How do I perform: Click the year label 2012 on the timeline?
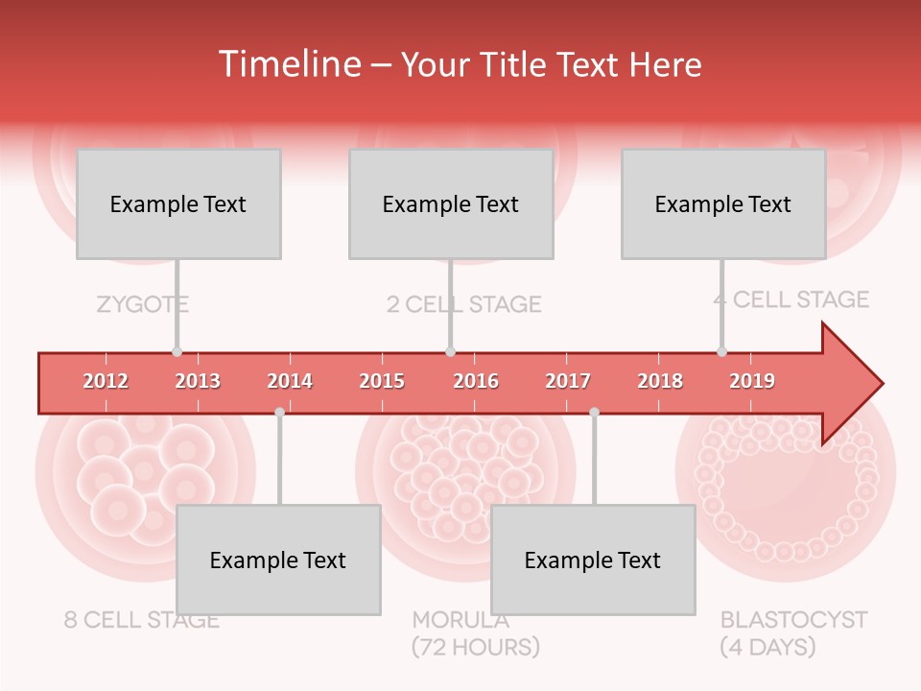[x=106, y=381]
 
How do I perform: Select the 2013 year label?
[x=198, y=381]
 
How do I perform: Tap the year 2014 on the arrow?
[x=290, y=381]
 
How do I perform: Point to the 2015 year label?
[x=382, y=381]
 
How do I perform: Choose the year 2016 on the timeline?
[x=476, y=381]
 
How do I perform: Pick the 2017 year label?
[x=568, y=381]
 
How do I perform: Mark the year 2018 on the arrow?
[x=660, y=381]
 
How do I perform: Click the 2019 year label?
[x=752, y=381]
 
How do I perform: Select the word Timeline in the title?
[x=287, y=64]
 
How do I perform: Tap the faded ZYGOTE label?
[x=142, y=305]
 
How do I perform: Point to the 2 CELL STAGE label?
[x=464, y=305]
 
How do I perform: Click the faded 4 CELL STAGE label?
[x=791, y=299]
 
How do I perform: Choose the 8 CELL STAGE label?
[x=142, y=620]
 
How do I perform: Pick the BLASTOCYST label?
[x=793, y=619]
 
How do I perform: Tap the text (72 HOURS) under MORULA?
[x=476, y=647]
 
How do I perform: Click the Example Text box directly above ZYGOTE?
[x=178, y=203]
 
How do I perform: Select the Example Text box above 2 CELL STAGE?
[x=451, y=203]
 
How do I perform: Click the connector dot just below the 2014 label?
[x=279, y=412]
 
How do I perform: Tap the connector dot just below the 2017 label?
[x=594, y=412]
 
